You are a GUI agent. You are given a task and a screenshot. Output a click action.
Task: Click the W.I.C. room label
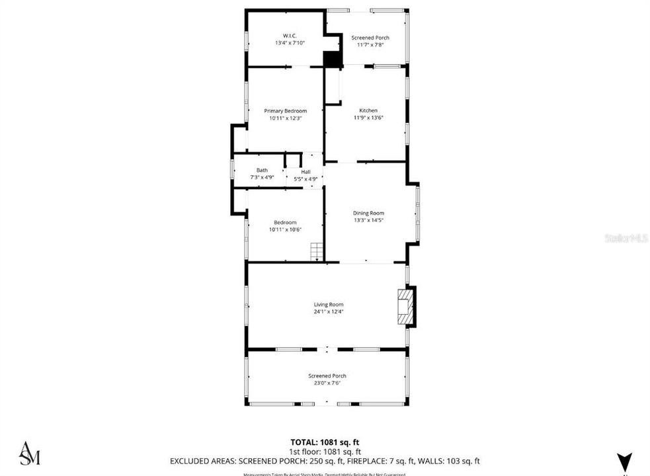click(286, 36)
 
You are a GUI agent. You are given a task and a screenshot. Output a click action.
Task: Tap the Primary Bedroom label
click(286, 110)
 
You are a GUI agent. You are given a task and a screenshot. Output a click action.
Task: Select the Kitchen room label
click(368, 110)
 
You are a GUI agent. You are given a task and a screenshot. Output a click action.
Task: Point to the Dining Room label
click(368, 213)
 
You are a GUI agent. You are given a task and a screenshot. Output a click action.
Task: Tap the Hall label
click(305, 173)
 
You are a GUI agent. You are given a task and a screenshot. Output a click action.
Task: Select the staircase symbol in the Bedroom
click(317, 252)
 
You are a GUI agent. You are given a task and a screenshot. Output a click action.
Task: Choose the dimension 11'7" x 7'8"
click(370, 45)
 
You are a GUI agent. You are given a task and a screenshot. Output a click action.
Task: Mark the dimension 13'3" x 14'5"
click(368, 219)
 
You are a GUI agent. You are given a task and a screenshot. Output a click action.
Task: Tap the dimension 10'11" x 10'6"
click(286, 229)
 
